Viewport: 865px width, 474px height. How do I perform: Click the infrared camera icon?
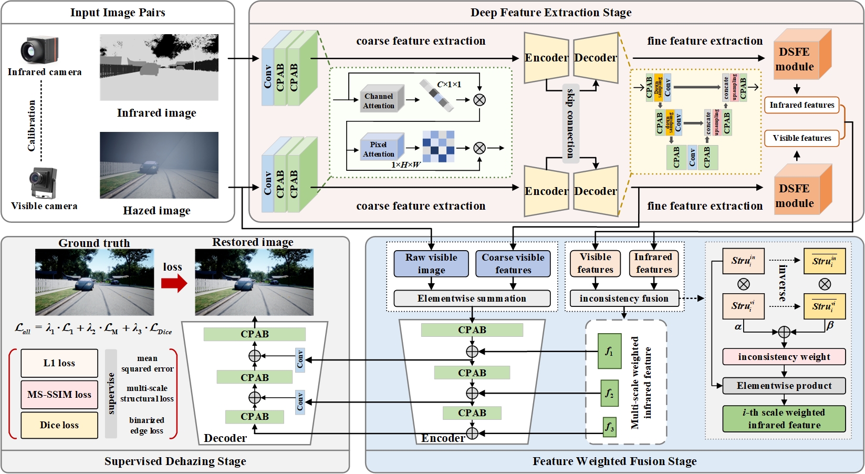[39, 50]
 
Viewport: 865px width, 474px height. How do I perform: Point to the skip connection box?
[570, 123]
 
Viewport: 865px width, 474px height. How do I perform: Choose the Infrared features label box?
[801, 105]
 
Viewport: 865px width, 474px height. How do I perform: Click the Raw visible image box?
[431, 264]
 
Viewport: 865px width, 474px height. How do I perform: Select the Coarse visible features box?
[513, 264]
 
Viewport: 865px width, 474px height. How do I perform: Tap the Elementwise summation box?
[472, 298]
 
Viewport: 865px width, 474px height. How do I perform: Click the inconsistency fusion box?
[624, 298]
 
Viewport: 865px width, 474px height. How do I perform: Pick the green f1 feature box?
[609, 351]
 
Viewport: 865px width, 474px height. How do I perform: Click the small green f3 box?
[609, 426]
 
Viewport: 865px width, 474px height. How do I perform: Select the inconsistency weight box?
[784, 357]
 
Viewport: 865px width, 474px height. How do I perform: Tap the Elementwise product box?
[784, 386]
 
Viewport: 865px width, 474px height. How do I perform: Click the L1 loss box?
[59, 363]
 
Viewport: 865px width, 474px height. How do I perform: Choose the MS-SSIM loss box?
[59, 394]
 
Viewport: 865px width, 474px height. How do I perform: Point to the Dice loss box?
[59, 425]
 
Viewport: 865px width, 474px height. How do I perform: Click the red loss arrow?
[174, 284]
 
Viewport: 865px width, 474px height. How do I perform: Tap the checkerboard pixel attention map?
[438, 147]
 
